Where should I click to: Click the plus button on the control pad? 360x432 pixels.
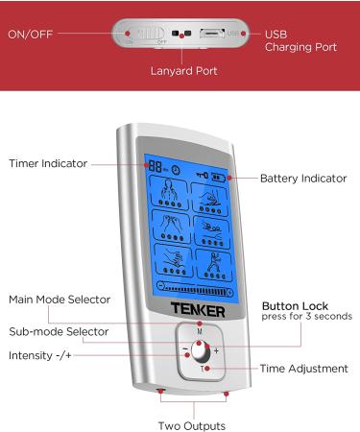[216, 350]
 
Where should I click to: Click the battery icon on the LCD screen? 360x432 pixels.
[222, 177]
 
